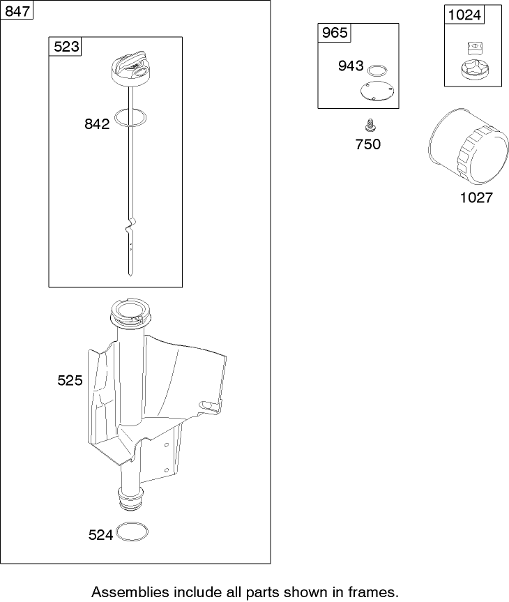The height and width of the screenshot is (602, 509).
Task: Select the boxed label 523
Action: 66,47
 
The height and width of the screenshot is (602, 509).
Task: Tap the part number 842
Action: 97,124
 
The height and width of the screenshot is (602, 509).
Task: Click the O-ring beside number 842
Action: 130,118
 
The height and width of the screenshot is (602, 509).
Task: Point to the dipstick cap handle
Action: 131,64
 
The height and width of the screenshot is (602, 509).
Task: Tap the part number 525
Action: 70,380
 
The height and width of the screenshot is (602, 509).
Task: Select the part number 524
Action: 100,535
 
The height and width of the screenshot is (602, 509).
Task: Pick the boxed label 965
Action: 335,33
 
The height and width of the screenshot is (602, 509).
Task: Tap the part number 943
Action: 351,66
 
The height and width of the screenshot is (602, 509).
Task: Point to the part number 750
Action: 368,144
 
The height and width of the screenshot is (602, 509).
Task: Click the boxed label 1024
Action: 464,15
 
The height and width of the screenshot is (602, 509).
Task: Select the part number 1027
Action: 476,197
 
